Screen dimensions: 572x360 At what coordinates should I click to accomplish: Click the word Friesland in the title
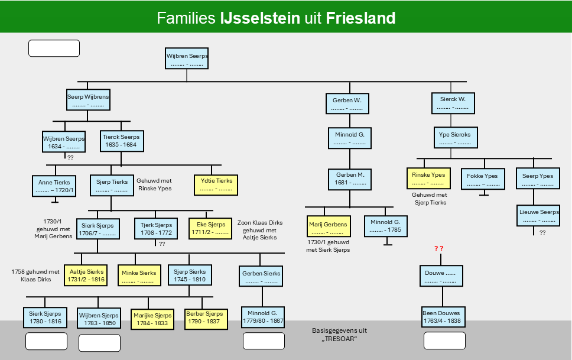[x=360, y=18]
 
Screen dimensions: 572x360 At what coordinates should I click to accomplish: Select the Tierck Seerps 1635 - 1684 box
[x=122, y=141]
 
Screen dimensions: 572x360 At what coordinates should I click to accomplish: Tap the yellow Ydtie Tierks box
[x=216, y=185]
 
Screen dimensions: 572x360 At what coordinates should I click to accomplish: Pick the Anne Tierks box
[x=54, y=186]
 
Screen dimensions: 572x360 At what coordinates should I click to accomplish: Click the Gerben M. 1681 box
[x=349, y=179]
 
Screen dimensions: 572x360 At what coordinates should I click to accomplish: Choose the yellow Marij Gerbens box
[x=329, y=226]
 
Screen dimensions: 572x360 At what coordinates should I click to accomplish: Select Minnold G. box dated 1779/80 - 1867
[x=262, y=317]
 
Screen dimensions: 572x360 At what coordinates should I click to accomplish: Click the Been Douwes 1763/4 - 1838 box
[x=443, y=317]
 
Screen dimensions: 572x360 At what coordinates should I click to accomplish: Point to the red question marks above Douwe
[x=439, y=248]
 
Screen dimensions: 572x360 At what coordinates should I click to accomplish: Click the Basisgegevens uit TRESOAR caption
[x=339, y=335]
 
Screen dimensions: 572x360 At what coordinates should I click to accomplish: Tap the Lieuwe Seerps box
[x=538, y=215]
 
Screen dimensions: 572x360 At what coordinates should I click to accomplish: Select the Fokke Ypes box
[x=483, y=179]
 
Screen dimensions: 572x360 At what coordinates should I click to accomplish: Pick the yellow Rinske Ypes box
[x=428, y=178]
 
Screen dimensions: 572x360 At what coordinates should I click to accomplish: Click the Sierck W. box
[x=453, y=103]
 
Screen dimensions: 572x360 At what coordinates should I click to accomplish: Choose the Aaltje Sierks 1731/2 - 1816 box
[x=86, y=275]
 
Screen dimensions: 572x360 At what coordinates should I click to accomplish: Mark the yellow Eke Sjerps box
[x=210, y=229]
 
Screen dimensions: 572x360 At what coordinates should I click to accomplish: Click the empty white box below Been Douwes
[x=444, y=340]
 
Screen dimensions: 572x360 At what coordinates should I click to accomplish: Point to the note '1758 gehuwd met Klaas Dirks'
[x=35, y=275]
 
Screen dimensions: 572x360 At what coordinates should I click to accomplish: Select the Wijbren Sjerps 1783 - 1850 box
[x=99, y=318]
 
